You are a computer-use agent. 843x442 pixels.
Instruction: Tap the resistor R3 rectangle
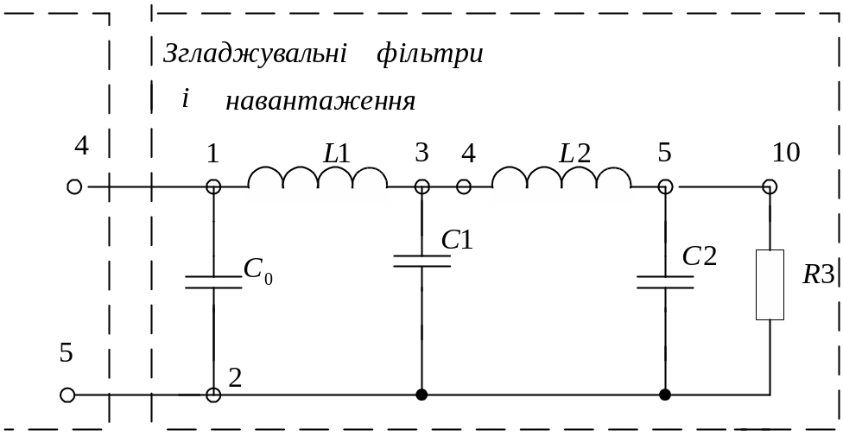point(770,285)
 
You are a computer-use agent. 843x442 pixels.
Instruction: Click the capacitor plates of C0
point(213,282)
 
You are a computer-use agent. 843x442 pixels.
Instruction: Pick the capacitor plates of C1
point(422,261)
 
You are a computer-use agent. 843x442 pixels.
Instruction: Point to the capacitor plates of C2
point(665,282)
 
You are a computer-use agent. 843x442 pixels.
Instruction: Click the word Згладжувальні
point(255,54)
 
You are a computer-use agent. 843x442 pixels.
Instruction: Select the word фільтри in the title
point(429,54)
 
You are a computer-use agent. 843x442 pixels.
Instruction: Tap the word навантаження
point(320,101)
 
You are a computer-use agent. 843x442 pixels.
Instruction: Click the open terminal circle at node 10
point(770,186)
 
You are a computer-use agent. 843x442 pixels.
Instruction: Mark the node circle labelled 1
point(213,186)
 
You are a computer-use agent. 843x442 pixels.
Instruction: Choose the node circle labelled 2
point(213,395)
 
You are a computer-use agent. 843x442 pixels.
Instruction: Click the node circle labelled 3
point(422,186)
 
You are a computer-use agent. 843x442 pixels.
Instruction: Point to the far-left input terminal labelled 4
point(74,186)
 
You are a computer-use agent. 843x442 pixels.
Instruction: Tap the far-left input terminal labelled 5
point(67,395)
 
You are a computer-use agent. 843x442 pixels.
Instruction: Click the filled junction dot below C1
point(422,395)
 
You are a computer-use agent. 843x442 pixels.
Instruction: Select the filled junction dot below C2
point(665,395)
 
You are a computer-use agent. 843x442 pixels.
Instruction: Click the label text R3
point(818,275)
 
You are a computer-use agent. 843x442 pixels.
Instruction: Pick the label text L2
point(574,155)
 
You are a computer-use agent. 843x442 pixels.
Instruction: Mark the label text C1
point(457,240)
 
